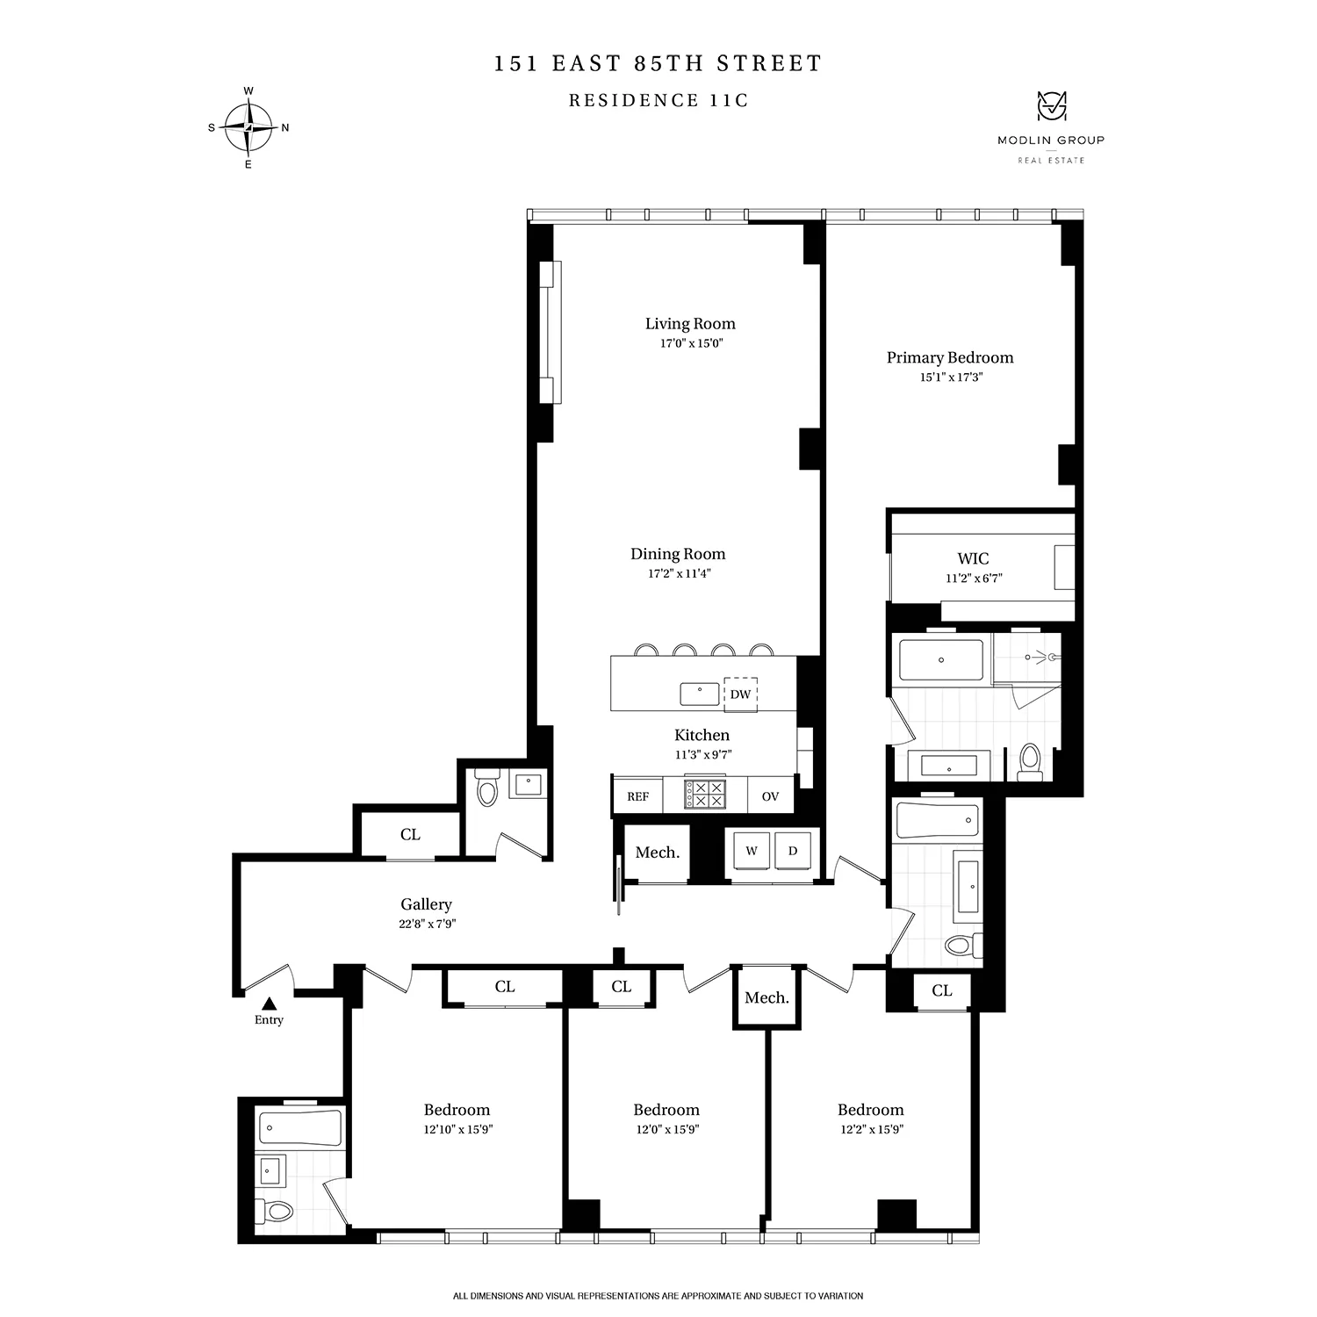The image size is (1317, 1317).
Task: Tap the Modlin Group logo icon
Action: (1050, 107)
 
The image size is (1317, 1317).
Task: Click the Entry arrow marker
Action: (270, 1003)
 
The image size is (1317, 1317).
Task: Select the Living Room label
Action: (690, 324)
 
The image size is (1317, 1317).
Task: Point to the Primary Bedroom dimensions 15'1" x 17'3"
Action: (950, 378)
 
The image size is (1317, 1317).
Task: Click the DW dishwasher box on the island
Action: (740, 694)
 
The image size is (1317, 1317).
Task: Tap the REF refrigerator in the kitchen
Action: (637, 796)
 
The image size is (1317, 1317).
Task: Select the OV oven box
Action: (770, 796)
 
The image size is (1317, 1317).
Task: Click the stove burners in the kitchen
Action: (707, 795)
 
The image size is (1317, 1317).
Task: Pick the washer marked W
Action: (752, 852)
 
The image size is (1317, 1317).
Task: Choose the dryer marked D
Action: (793, 852)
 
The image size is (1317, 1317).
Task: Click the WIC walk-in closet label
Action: (973, 558)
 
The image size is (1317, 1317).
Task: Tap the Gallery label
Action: (426, 904)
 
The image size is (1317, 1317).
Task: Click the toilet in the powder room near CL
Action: (486, 788)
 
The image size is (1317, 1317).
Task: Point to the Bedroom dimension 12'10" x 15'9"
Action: (457, 1130)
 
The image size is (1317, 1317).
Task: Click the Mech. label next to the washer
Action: (657, 853)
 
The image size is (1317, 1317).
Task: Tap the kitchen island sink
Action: (699, 694)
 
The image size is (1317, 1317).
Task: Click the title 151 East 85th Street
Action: (658, 64)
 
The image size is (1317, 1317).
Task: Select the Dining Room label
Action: (678, 554)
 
